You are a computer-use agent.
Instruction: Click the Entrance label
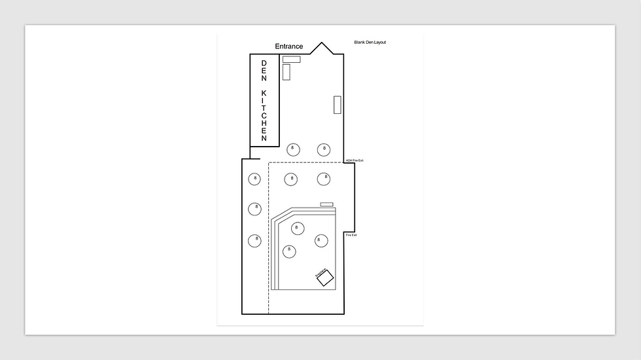tap(288, 46)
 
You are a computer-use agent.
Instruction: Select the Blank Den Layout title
tap(370, 42)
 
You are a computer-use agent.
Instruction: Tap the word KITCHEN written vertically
tap(264, 116)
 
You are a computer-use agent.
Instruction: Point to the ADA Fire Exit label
tap(354, 160)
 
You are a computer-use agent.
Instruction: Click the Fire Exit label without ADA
tap(351, 235)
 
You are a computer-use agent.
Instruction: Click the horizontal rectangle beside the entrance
tap(292, 60)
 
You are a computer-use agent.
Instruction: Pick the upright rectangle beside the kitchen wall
tap(286, 72)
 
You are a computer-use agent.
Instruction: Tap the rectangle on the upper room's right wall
tap(338, 105)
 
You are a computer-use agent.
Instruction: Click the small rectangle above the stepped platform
tap(326, 204)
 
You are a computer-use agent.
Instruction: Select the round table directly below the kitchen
tap(292, 149)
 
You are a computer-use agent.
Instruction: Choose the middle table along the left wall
tap(255, 209)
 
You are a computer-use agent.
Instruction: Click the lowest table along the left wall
tap(255, 240)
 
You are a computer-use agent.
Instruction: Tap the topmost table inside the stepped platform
tap(298, 228)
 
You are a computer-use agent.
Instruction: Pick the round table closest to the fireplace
tap(320, 240)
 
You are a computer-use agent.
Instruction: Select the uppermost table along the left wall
tap(255, 178)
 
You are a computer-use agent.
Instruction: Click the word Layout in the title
tap(379, 42)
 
